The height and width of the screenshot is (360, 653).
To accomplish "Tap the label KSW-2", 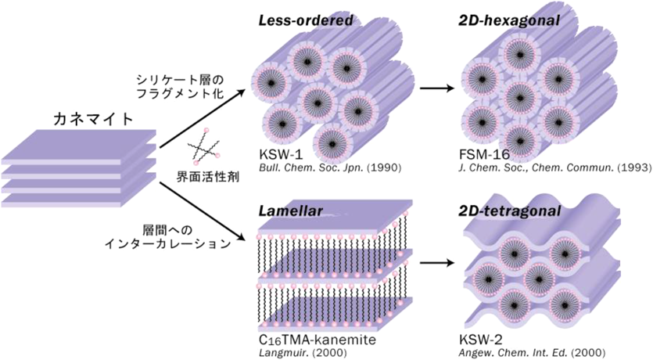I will click(x=479, y=341).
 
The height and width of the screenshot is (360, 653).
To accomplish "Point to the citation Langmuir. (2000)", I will click(x=294, y=353).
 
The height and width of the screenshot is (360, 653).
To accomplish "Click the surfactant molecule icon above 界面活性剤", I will click(x=206, y=146).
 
